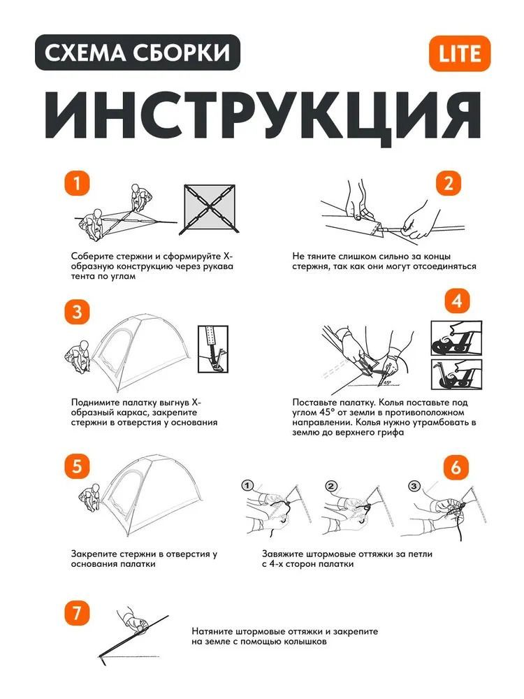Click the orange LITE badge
pyautogui.click(x=459, y=53)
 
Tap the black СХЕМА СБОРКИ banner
pyautogui.click(x=138, y=52)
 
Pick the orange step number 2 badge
pyautogui.click(x=449, y=183)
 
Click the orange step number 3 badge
pyautogui.click(x=78, y=311)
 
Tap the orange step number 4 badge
pyautogui.click(x=456, y=302)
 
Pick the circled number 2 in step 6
pyautogui.click(x=331, y=485)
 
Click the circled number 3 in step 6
pyautogui.click(x=414, y=485)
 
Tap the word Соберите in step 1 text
pyautogui.click(x=92, y=257)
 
